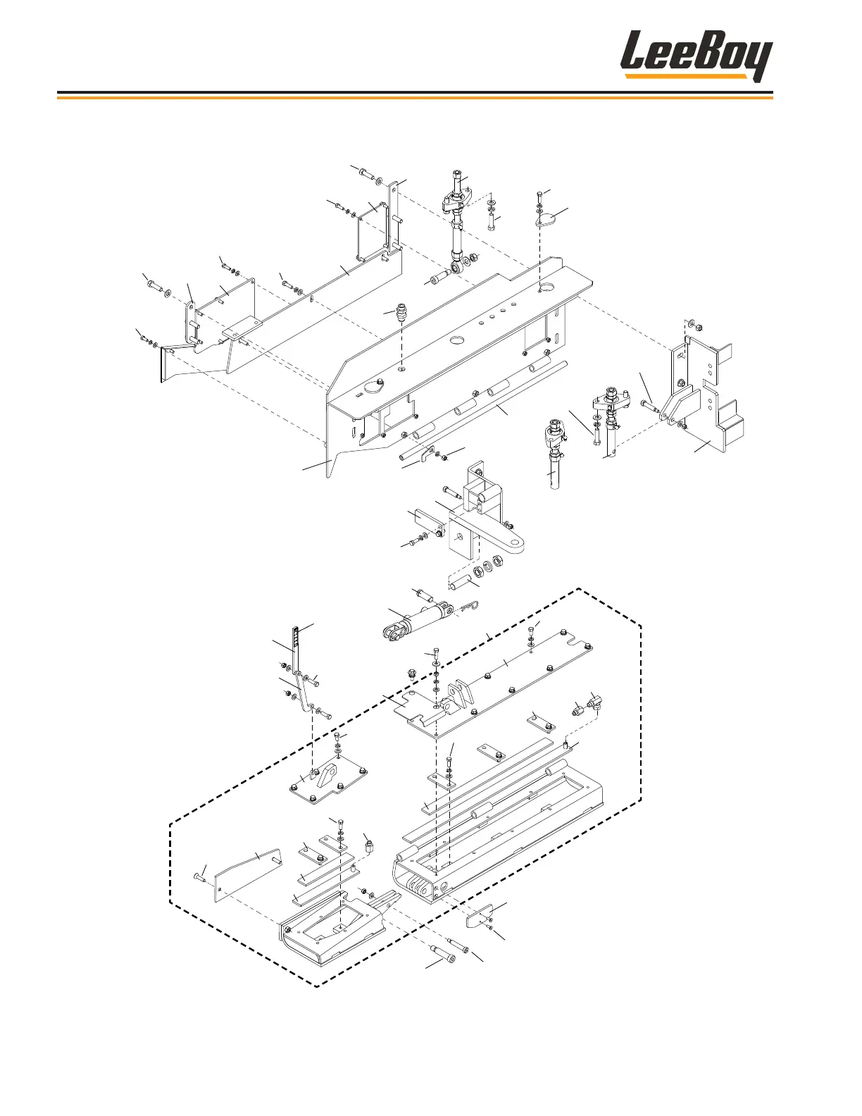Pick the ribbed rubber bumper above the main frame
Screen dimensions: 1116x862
click(402, 312)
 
